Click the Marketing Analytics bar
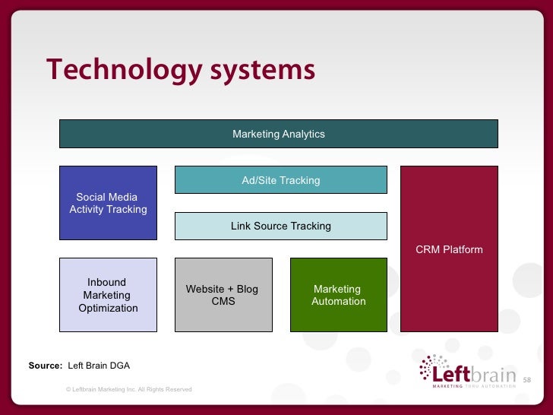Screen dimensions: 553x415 [x=279, y=134]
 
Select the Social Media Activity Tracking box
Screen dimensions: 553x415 [x=108, y=203]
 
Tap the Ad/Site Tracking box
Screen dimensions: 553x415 [x=280, y=180]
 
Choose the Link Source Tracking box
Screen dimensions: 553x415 [x=280, y=226]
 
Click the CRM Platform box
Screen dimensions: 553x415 [x=449, y=249]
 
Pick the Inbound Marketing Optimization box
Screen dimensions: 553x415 [x=108, y=295]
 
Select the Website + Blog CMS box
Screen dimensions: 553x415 [x=223, y=295]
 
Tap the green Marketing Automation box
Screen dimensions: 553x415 [x=338, y=295]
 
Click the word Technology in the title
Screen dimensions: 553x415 [x=122, y=70]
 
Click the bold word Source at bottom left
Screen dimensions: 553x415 [x=45, y=366]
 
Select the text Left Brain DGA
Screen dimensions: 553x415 [x=99, y=366]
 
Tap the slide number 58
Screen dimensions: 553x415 [x=527, y=379]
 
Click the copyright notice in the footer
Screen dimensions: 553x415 [x=129, y=389]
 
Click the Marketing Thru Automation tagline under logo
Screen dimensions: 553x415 [x=474, y=386]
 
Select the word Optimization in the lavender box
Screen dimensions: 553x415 [x=109, y=308]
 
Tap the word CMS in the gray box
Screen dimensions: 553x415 [x=223, y=302]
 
